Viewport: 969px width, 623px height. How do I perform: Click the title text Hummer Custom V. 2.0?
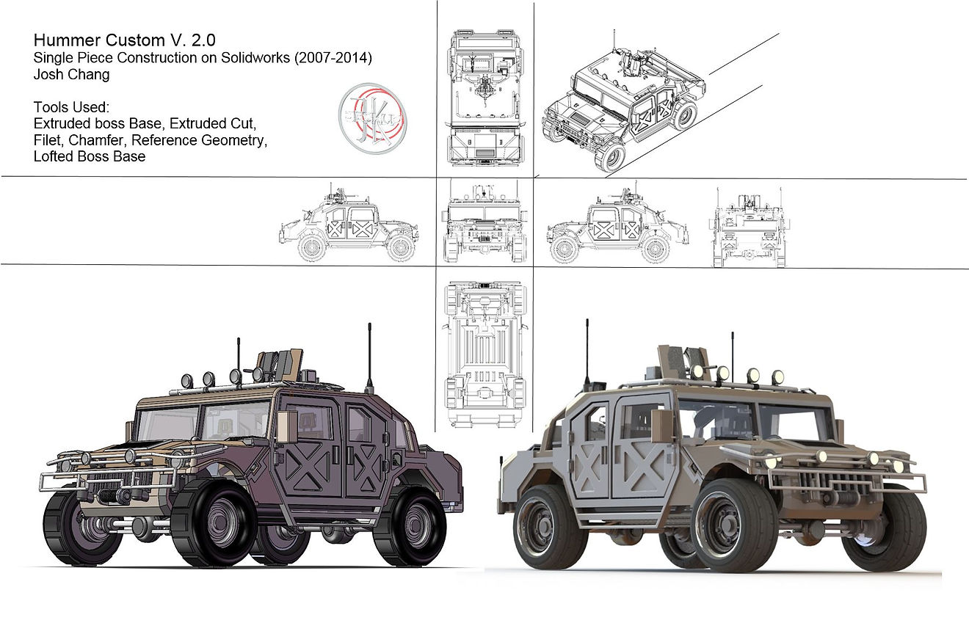pyautogui.click(x=125, y=40)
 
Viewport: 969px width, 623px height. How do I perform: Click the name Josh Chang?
pyautogui.click(x=71, y=74)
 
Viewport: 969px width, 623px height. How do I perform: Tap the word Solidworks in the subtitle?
pyautogui.click(x=255, y=57)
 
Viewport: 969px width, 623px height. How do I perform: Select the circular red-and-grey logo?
pyautogui.click(x=372, y=118)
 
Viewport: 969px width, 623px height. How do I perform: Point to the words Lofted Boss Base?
pyautogui.click(x=90, y=156)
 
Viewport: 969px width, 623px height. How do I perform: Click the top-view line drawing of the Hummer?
pyautogui.click(x=485, y=98)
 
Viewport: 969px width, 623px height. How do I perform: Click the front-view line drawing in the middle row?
pyautogui.click(x=485, y=222)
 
